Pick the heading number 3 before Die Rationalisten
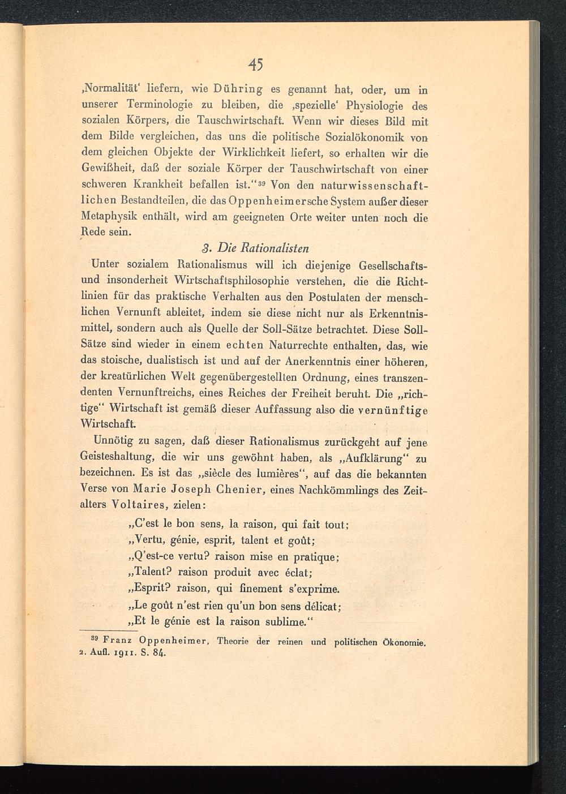coord(207,248)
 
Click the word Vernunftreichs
coord(159,392)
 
